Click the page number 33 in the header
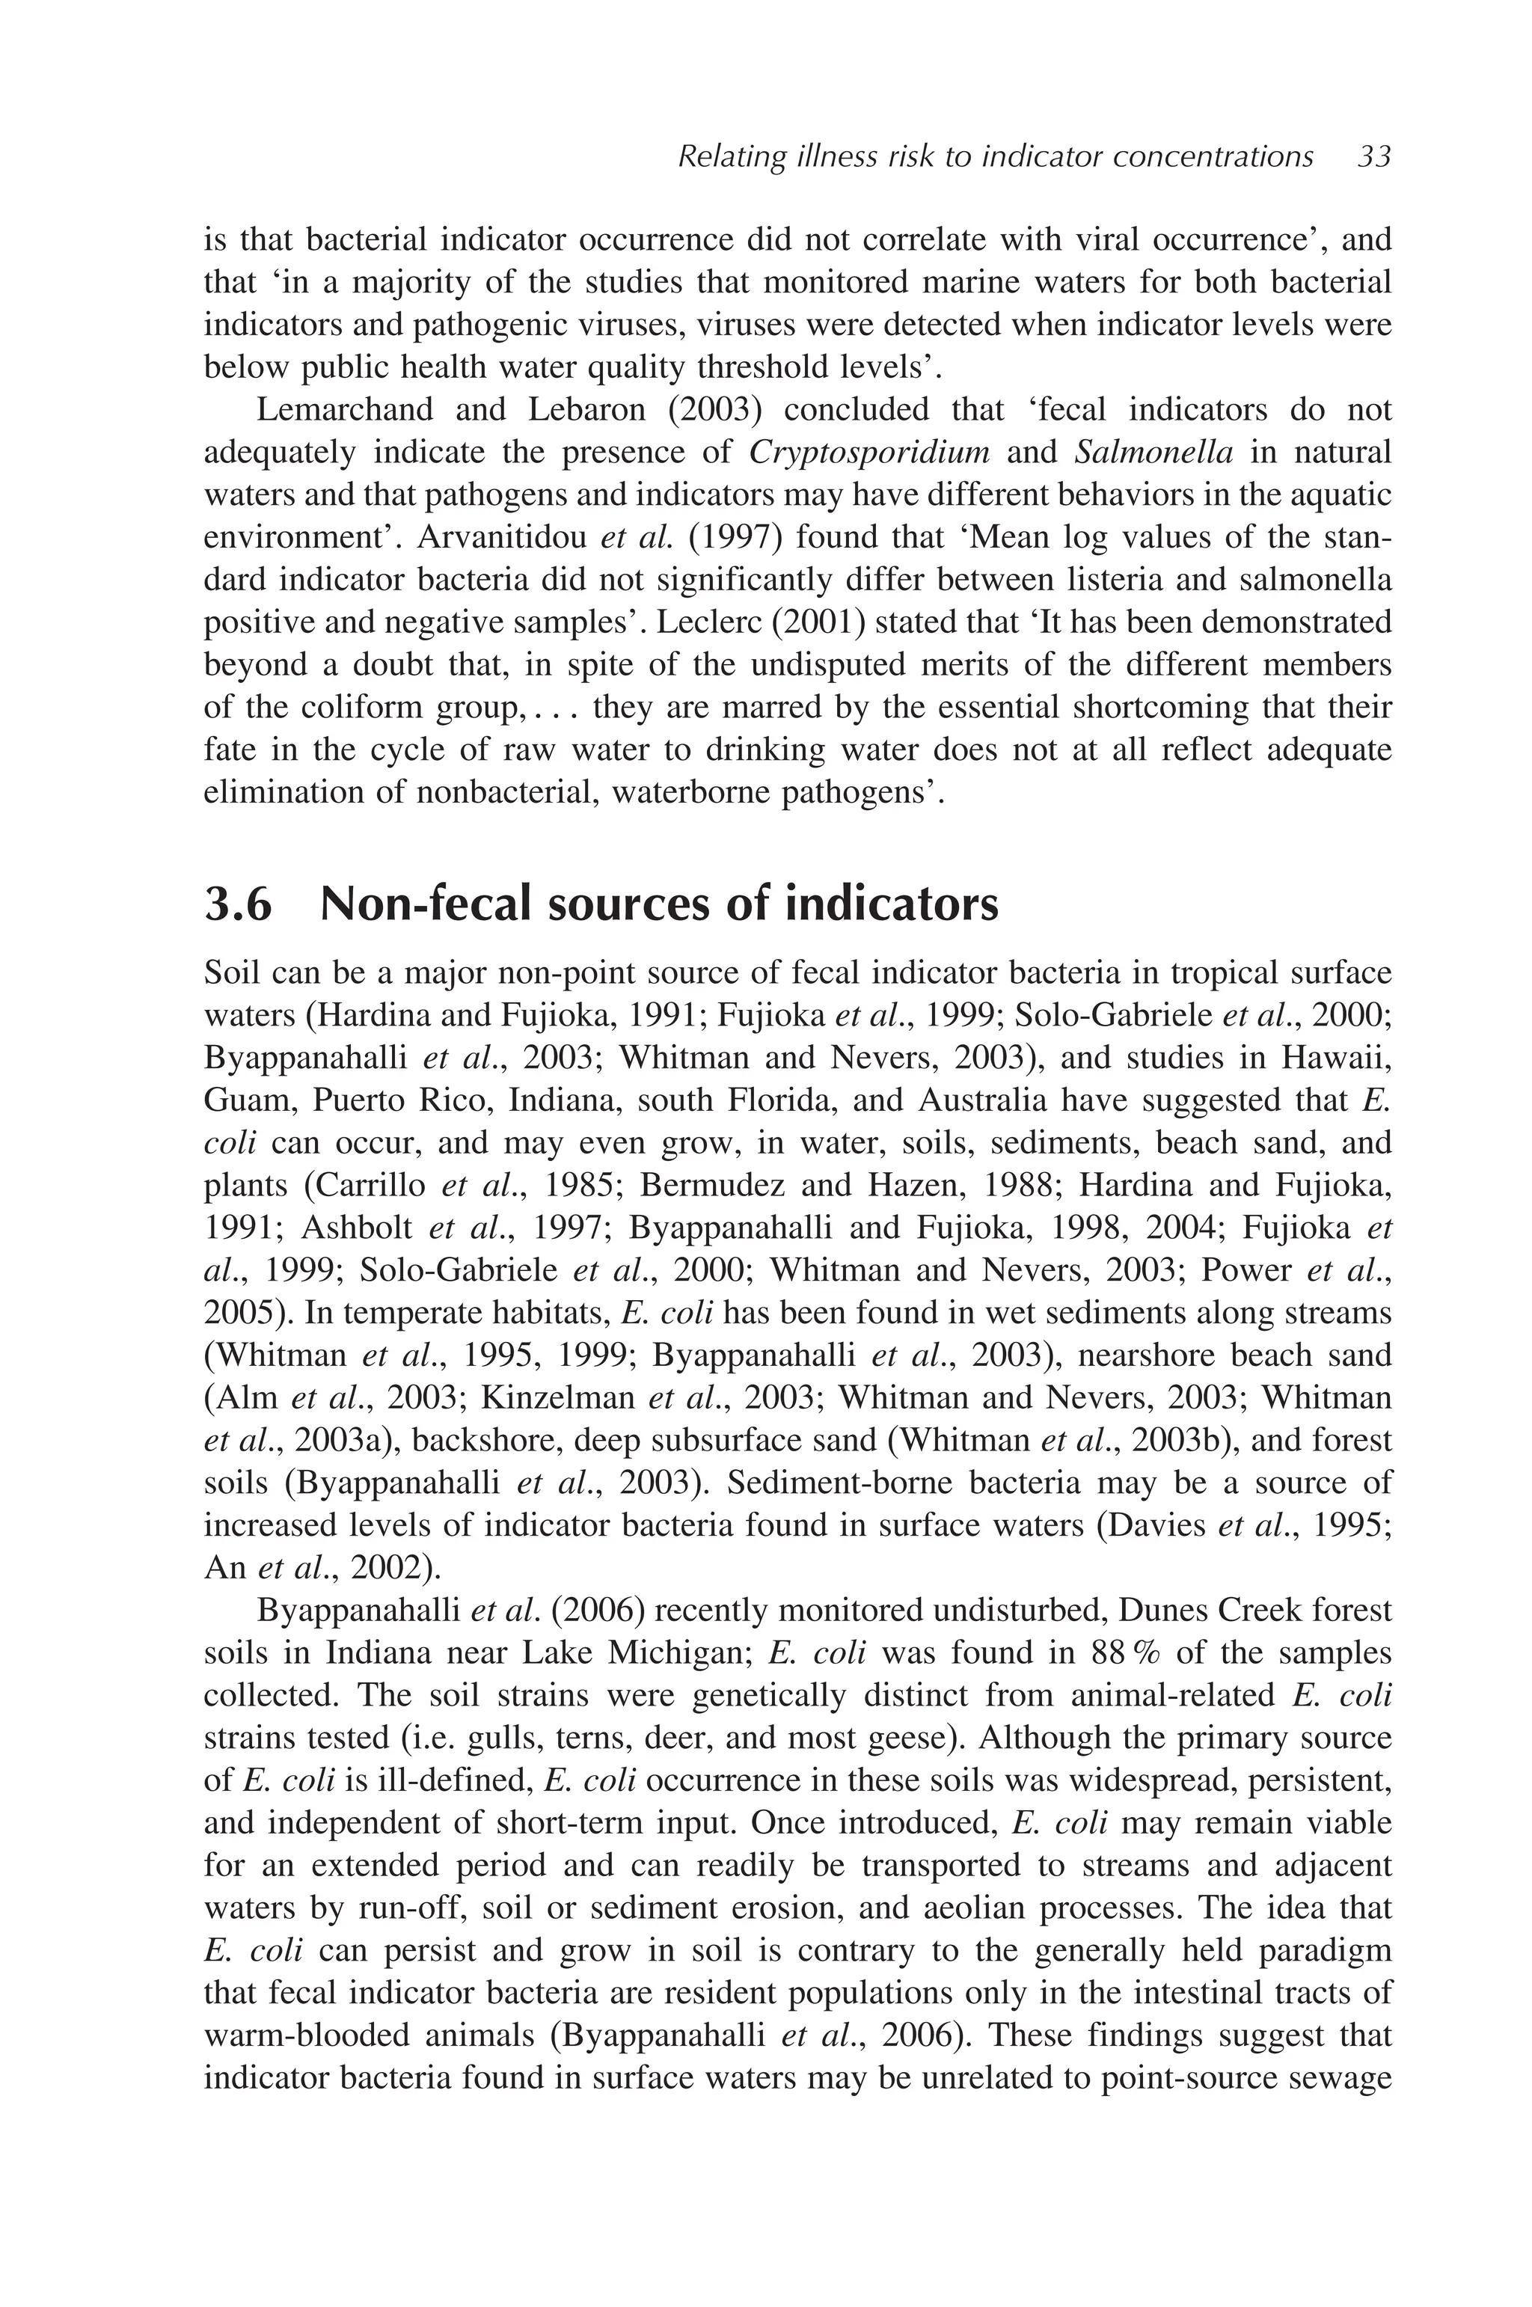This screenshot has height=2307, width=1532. pos(1373,156)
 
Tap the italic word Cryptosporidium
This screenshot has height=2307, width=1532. pos(869,453)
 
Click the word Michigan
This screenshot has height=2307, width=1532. pos(676,1653)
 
